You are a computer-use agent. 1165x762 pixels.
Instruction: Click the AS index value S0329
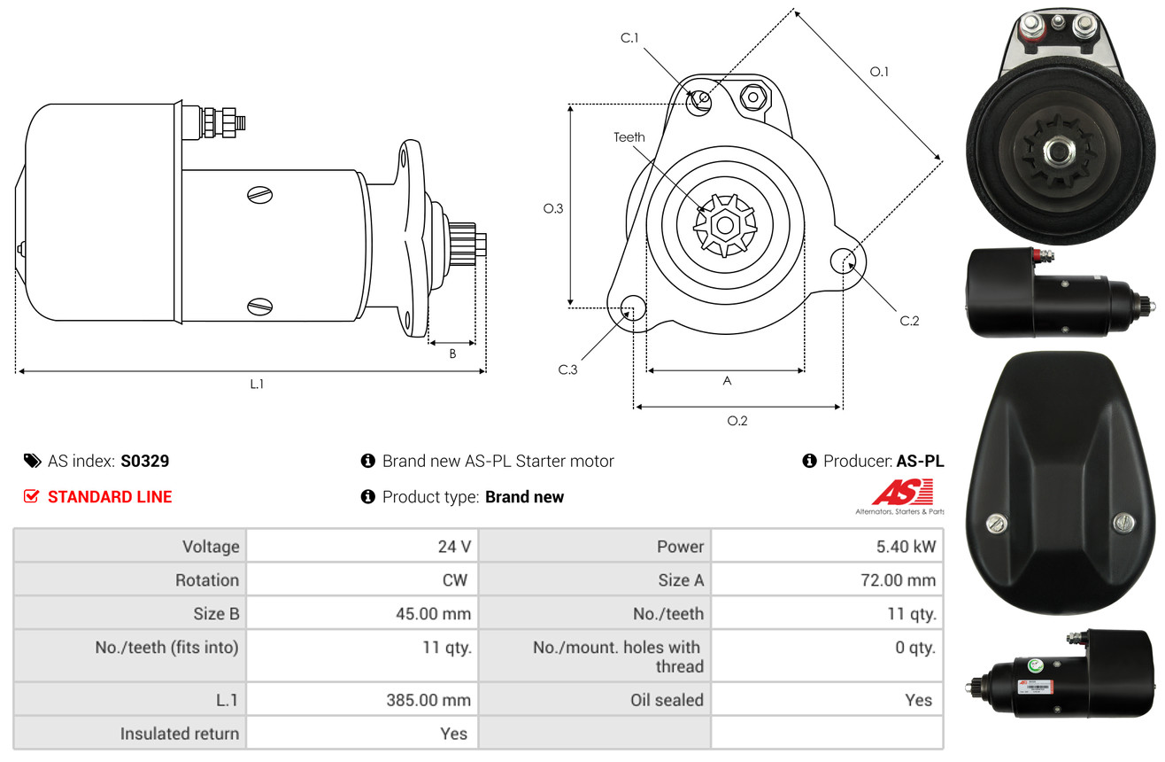(x=144, y=461)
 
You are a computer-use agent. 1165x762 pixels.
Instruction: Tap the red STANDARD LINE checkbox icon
(x=31, y=496)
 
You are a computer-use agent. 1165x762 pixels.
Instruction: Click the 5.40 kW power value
(x=906, y=547)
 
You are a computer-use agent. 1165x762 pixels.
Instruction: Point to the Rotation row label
(x=207, y=579)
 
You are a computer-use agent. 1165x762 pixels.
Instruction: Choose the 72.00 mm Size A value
(x=898, y=579)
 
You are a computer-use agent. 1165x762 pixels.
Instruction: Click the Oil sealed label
(x=667, y=700)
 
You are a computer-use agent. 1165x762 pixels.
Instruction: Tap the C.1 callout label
(x=629, y=38)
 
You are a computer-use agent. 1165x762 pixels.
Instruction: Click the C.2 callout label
(x=909, y=321)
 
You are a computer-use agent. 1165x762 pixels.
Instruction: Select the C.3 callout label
(x=567, y=369)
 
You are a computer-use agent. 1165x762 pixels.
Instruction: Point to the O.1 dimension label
(x=879, y=72)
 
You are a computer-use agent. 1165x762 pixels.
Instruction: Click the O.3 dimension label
(x=553, y=209)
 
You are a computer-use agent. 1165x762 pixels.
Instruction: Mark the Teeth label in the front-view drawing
(x=629, y=137)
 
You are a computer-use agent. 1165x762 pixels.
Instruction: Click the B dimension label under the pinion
(x=452, y=354)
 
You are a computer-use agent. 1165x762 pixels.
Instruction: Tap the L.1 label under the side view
(x=257, y=385)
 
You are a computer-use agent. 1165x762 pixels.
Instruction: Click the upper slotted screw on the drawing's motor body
(x=259, y=195)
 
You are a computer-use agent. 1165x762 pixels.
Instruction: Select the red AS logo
(x=902, y=492)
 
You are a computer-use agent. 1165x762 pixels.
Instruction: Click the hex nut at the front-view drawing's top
(x=752, y=97)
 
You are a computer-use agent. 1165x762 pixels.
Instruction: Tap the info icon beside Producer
(x=809, y=461)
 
